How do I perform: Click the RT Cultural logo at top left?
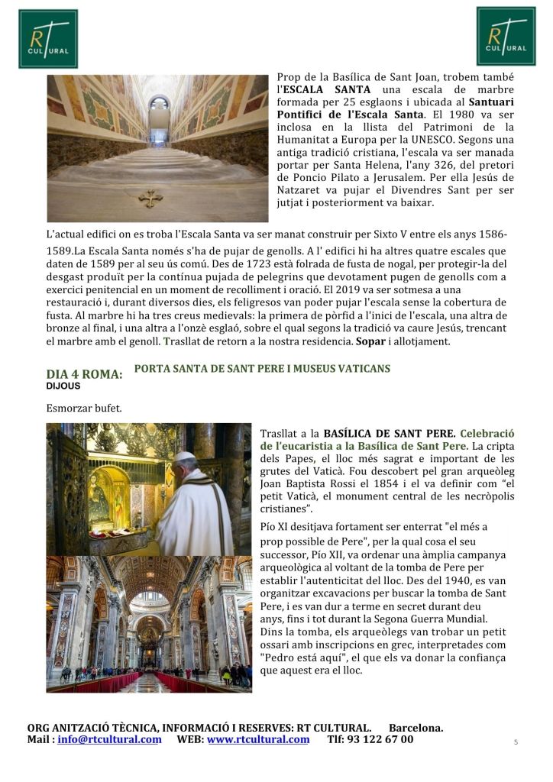pyautogui.click(x=48, y=38)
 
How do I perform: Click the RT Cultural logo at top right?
pyautogui.click(x=506, y=36)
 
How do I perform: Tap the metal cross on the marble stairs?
pyautogui.click(x=150, y=199)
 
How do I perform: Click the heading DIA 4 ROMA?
pyautogui.click(x=84, y=374)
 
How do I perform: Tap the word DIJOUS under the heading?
pyautogui.click(x=63, y=386)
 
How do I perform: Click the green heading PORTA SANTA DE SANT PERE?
pyautogui.click(x=261, y=369)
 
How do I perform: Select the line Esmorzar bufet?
pyautogui.click(x=84, y=408)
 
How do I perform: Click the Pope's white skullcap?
pyautogui.click(x=186, y=457)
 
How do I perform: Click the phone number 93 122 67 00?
pyautogui.click(x=381, y=739)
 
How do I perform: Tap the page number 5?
pyautogui.click(x=516, y=742)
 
